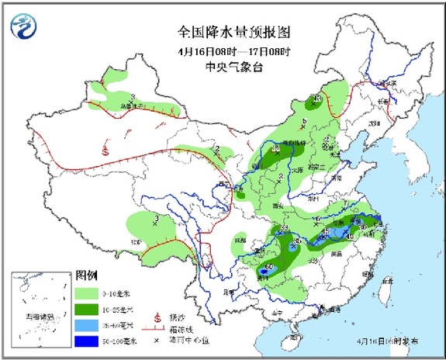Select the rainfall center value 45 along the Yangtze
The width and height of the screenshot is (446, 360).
(326, 231)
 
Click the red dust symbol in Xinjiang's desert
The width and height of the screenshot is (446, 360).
(105, 151)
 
